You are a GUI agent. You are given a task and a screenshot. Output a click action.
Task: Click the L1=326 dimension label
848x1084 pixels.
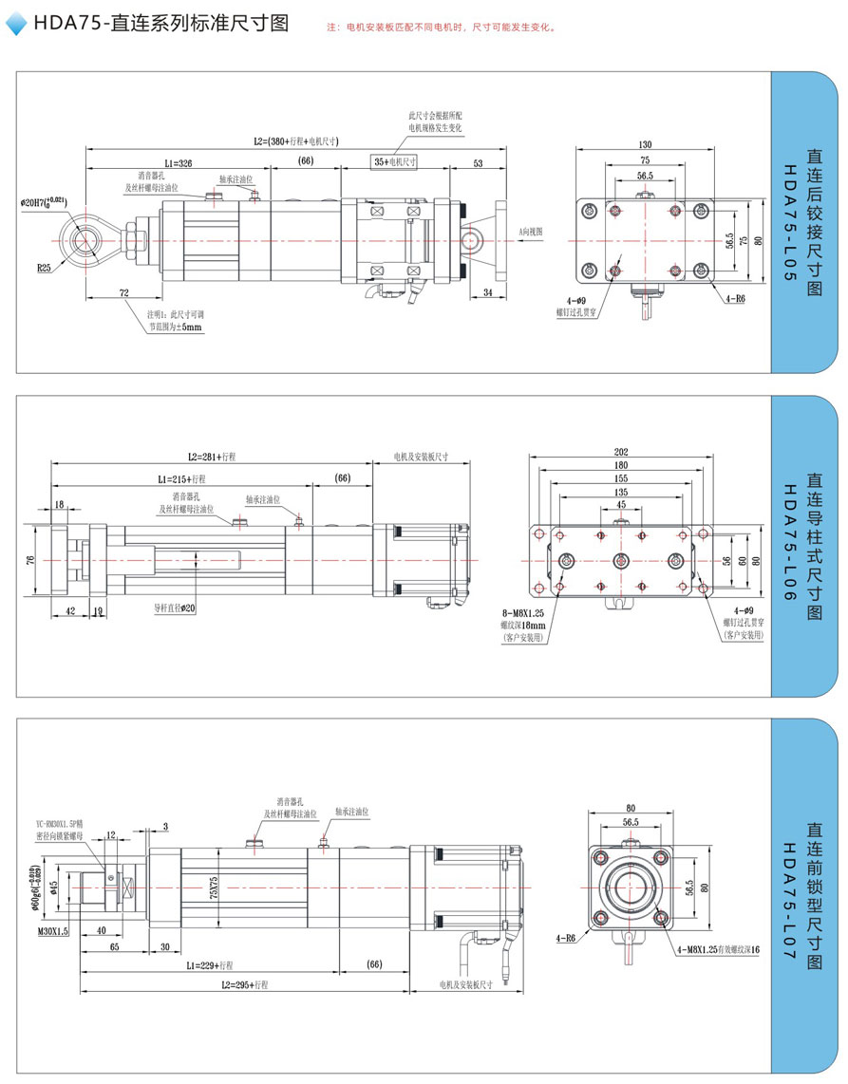[178, 163]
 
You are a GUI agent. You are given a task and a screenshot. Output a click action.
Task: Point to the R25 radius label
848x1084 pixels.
[45, 269]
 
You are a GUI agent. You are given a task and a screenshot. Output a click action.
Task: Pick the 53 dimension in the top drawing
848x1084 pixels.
[478, 163]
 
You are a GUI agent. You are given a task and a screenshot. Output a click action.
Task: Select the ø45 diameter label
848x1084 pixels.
[54, 887]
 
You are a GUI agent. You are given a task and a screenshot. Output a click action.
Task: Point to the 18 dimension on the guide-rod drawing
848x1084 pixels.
[59, 505]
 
